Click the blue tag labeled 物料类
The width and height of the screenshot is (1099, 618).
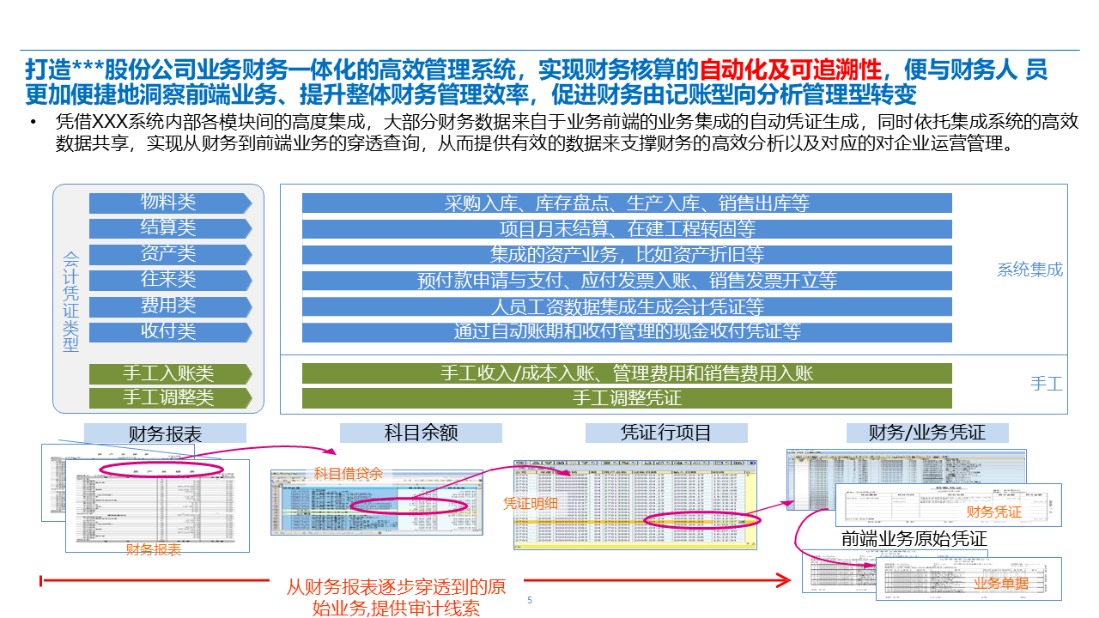pos(169,203)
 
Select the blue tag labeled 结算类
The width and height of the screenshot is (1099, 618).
pos(169,228)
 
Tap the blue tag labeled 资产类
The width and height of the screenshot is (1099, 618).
pos(169,254)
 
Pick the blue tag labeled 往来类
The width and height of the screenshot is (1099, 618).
pos(169,280)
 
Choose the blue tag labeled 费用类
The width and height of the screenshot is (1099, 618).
pos(169,306)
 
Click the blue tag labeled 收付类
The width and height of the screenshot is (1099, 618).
pos(169,332)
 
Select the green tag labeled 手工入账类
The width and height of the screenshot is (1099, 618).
pos(169,373)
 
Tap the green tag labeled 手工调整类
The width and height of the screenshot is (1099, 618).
pos(169,398)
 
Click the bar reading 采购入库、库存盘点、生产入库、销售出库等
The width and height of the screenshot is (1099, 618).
pos(627,203)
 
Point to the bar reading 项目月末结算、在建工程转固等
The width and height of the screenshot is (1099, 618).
pos(627,229)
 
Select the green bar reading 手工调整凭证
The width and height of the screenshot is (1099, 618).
pos(627,398)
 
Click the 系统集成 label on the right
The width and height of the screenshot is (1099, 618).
pos(1029,270)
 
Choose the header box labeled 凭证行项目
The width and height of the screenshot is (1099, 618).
pos(666,433)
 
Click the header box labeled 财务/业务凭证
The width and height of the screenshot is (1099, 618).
pos(927,433)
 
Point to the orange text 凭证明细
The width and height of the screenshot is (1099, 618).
pos(530,504)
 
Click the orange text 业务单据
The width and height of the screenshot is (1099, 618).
pos(1000,584)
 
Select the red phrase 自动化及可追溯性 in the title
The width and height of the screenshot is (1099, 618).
pos(790,70)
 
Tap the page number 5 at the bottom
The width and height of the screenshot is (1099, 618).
pos(530,600)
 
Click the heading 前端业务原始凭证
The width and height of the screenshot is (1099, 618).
pos(914,539)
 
